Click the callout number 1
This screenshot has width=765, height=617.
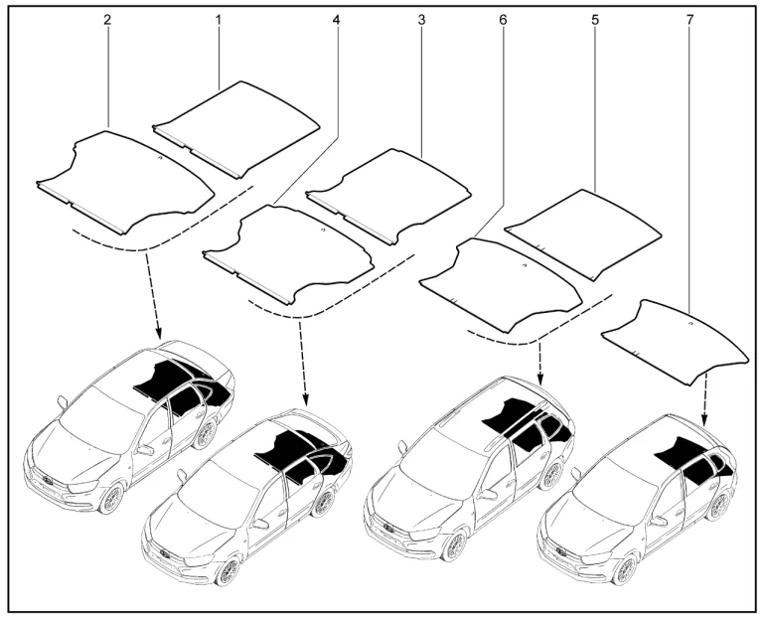(x=219, y=20)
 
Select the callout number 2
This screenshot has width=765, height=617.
(x=107, y=20)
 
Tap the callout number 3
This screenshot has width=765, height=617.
(x=421, y=20)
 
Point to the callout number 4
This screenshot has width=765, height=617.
(x=336, y=20)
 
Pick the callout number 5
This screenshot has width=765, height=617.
(x=595, y=20)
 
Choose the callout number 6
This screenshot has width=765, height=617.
(x=503, y=20)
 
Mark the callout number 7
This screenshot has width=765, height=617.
(x=689, y=20)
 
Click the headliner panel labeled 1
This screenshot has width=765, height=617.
(x=236, y=130)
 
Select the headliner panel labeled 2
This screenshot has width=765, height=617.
(x=125, y=182)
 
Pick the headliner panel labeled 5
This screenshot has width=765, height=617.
(x=582, y=235)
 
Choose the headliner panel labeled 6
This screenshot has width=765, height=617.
(x=501, y=285)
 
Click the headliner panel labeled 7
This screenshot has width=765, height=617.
(x=676, y=343)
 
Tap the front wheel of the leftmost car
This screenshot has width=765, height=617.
(x=112, y=499)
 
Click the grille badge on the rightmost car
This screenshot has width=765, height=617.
(x=561, y=553)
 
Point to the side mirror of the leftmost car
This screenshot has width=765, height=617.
(x=62, y=402)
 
